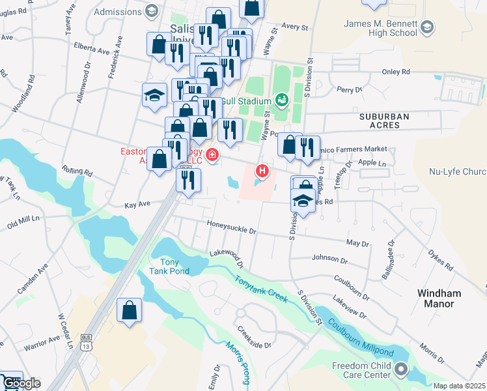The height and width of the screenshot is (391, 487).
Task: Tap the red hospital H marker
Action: [x=262, y=171]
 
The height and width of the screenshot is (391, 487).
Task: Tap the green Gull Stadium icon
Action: [x=282, y=100]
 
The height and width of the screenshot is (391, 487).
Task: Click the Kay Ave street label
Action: [x=137, y=204]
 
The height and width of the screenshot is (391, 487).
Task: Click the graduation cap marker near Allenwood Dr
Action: [x=155, y=95]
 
